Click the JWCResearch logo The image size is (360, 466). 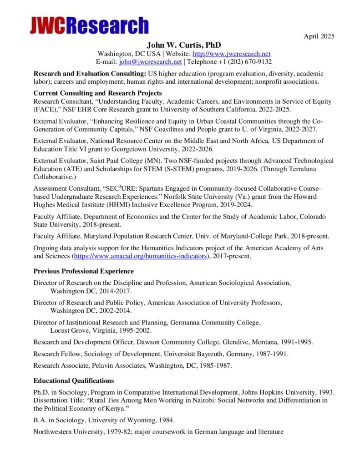(89, 25)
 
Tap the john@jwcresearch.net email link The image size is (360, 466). (151, 61)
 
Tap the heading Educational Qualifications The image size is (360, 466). (74, 380)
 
